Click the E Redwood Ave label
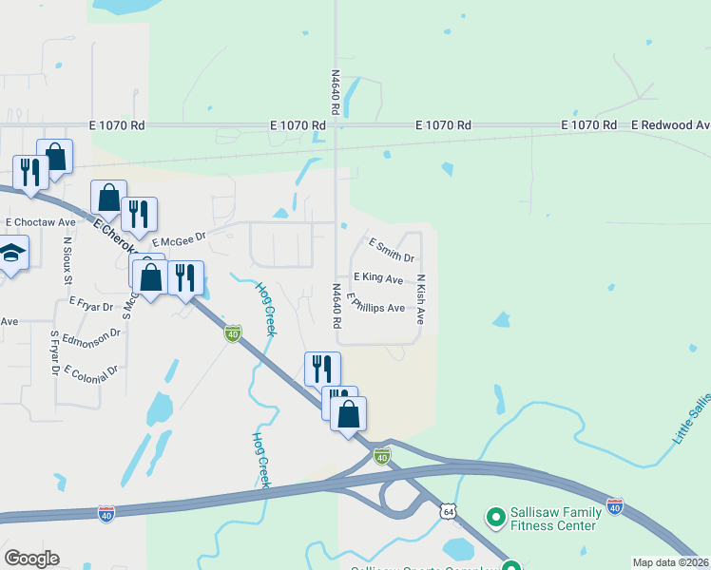(670, 125)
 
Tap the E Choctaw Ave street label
(40, 222)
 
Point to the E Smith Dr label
(392, 251)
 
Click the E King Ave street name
(378, 277)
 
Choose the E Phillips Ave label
(376, 305)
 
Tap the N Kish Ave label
(420, 299)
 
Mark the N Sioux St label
(67, 259)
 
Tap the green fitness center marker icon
(495, 518)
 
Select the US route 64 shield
(448, 511)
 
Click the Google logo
(31, 559)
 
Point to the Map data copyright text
(670, 562)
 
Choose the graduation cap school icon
(11, 253)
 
